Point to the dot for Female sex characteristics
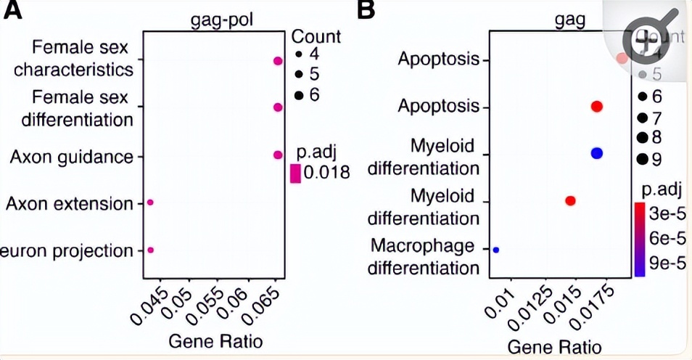click(x=277, y=62)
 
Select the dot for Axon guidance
click(x=277, y=155)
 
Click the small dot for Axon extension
click(x=150, y=202)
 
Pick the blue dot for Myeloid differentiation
click(x=597, y=152)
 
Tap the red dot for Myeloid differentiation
click(x=570, y=200)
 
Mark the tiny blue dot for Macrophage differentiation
click(x=496, y=250)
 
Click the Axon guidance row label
click(x=72, y=157)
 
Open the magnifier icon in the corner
click(x=647, y=42)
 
